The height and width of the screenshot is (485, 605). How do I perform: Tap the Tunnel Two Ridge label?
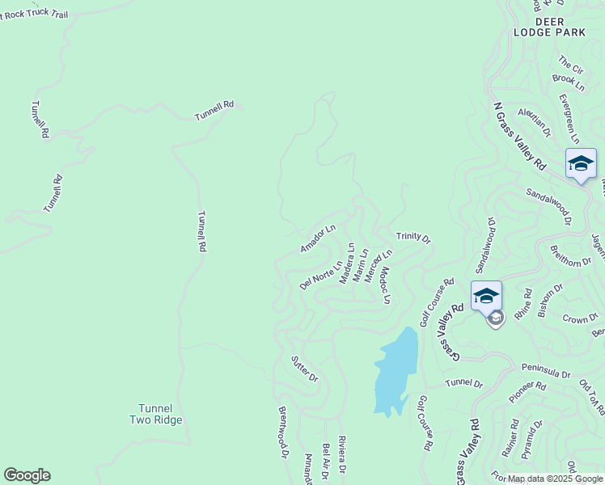click(x=156, y=414)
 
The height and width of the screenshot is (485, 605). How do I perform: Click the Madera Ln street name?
click(x=346, y=264)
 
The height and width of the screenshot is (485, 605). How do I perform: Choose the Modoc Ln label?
click(x=386, y=285)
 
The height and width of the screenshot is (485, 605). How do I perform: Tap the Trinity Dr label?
click(x=413, y=238)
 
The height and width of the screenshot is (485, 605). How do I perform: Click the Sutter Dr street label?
click(x=304, y=368)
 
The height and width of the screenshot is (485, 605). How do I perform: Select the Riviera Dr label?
click(x=342, y=454)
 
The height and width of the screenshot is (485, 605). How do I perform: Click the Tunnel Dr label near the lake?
click(x=463, y=383)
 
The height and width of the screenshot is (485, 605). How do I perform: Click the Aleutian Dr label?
click(x=534, y=121)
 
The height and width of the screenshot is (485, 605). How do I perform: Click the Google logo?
click(x=27, y=475)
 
